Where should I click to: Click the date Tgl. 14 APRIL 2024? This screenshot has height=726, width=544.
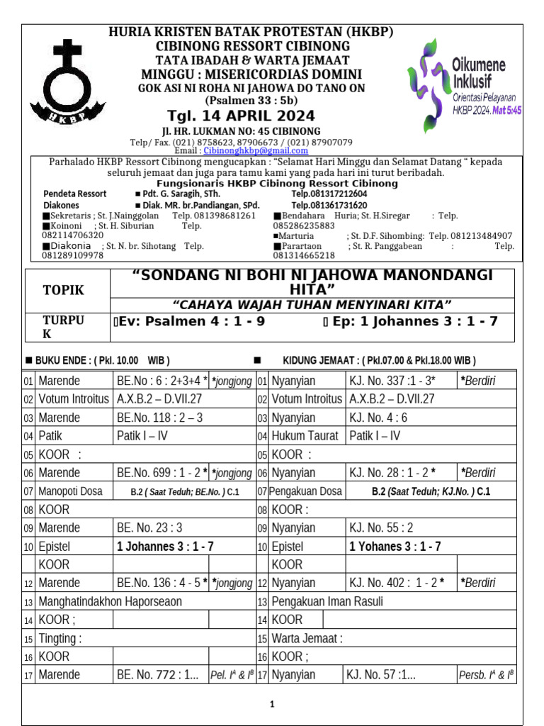241,116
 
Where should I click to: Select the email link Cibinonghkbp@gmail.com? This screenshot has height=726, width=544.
256,150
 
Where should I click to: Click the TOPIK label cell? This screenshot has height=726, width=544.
63,290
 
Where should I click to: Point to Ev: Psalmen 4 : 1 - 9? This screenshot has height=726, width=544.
189,321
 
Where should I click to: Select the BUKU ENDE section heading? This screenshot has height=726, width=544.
96,359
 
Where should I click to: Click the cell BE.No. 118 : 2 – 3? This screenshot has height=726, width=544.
159,418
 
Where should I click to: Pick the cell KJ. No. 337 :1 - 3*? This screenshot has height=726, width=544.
392,381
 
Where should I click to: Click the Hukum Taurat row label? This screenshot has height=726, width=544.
306,436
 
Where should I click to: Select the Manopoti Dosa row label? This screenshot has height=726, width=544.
70,491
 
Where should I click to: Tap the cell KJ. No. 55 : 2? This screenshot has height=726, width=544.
381,527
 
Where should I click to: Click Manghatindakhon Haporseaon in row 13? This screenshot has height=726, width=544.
110,601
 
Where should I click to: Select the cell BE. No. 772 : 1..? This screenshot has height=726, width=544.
158,675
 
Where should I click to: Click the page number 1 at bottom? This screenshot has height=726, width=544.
271,704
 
